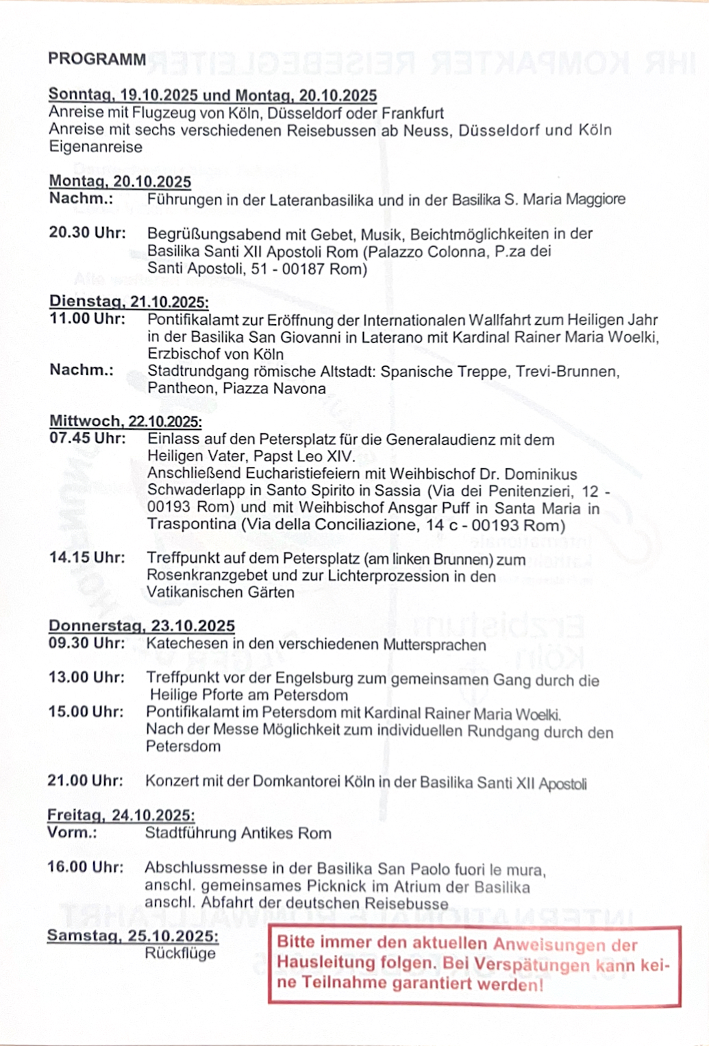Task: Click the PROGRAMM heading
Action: pyautogui.click(x=97, y=59)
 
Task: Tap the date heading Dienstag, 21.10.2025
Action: pyautogui.click(x=129, y=302)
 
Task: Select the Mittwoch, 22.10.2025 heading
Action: pyautogui.click(x=125, y=421)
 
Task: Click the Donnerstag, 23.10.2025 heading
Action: pyautogui.click(x=141, y=626)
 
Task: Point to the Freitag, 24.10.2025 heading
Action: pyautogui.click(x=121, y=815)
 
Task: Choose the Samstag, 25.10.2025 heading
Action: pyautogui.click(x=132, y=936)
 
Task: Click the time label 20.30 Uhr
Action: pyautogui.click(x=87, y=233)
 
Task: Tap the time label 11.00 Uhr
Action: pyautogui.click(x=87, y=319)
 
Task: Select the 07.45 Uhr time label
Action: pyautogui.click(x=87, y=438)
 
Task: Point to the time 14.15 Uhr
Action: pyautogui.click(x=86, y=557)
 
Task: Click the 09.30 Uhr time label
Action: pyautogui.click(x=86, y=643)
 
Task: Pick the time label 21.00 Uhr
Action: pyautogui.click(x=85, y=781)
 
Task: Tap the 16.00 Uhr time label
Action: pyautogui.click(x=85, y=866)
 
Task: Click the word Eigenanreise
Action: pyautogui.click(x=96, y=147)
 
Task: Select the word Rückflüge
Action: pyautogui.click(x=180, y=953)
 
